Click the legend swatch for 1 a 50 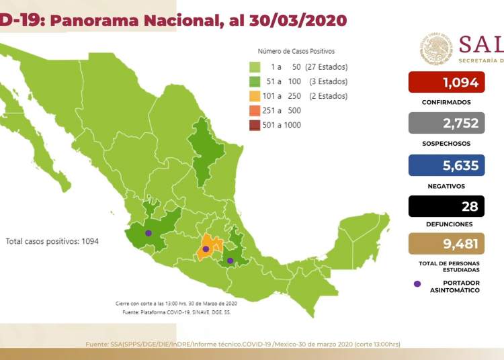point(255,67)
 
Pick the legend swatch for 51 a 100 point(255,81)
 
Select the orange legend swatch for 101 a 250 point(255,96)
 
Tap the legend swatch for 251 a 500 point(255,111)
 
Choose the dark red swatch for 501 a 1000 point(255,125)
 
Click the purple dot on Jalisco point(149,234)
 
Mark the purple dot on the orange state point(206,249)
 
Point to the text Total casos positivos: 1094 point(52,240)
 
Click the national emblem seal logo point(437,49)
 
